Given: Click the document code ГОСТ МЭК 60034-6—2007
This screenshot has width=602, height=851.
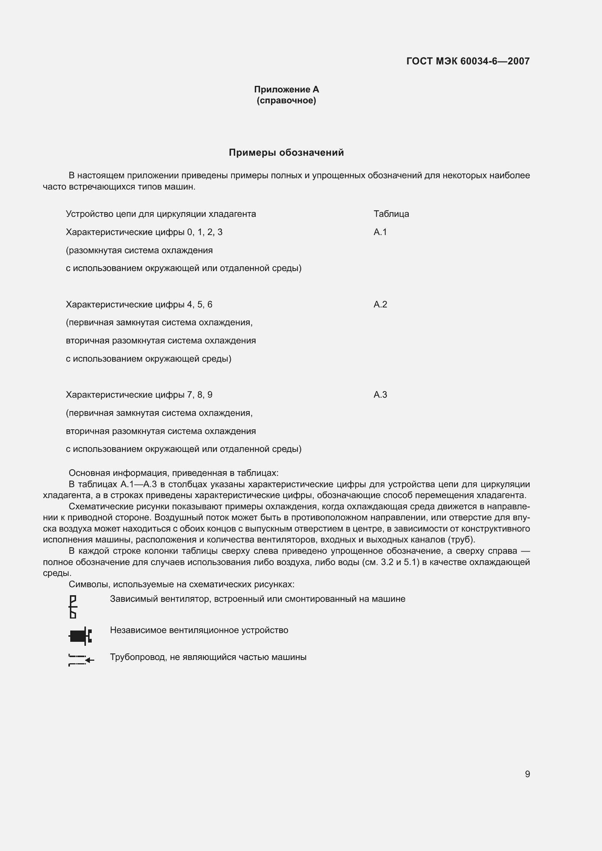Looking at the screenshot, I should [468, 61].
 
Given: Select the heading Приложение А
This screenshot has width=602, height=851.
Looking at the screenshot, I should [286, 90].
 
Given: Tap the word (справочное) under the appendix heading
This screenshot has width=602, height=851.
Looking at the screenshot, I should [286, 100].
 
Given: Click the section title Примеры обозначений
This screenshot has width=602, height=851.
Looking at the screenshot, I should [286, 153].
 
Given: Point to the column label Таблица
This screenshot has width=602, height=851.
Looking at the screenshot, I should [391, 214].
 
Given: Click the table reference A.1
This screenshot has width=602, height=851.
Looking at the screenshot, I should [380, 232].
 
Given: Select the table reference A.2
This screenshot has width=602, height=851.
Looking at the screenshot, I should [380, 304].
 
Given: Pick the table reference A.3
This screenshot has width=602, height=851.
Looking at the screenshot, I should [380, 395].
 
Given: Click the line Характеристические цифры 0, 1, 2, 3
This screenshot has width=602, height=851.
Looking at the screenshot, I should [144, 232].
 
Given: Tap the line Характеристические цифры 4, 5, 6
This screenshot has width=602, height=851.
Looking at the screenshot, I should [139, 304].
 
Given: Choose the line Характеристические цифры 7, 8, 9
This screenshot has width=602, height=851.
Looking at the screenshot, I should [139, 395].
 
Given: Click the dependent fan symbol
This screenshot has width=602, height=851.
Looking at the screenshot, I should [73, 607].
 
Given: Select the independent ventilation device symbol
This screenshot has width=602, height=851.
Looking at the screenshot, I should [80, 636].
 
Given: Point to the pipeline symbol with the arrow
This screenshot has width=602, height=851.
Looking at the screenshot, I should [81, 660].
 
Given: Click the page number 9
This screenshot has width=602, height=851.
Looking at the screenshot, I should [527, 774].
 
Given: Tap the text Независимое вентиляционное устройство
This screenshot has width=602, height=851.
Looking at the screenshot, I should [199, 630].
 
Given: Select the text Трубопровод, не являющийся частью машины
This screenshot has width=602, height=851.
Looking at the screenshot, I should [208, 657].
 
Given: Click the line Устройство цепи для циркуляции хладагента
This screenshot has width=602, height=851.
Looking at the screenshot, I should [161, 214].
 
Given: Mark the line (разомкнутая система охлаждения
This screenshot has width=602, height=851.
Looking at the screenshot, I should [139, 250].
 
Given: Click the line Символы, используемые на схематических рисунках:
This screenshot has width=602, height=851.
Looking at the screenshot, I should [182, 585].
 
